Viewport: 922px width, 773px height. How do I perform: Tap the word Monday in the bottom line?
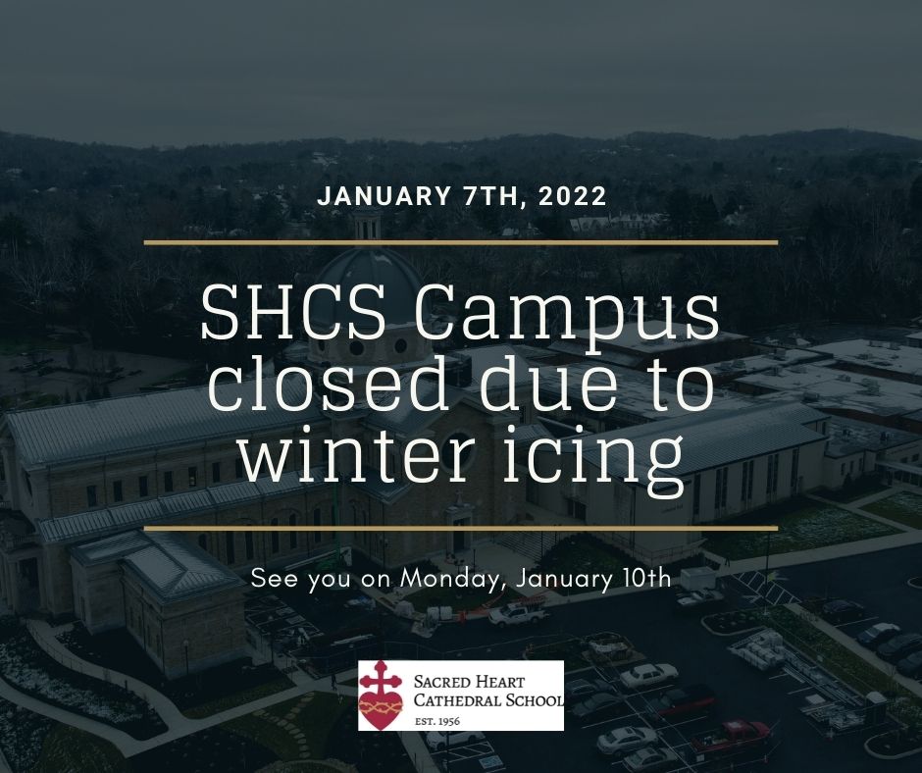(x=452, y=579)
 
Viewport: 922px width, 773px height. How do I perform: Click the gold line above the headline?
(x=460, y=241)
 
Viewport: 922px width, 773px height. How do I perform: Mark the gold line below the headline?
(x=460, y=529)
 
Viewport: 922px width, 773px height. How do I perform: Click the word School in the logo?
(x=537, y=699)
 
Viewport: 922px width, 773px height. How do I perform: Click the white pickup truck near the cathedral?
(x=518, y=614)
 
